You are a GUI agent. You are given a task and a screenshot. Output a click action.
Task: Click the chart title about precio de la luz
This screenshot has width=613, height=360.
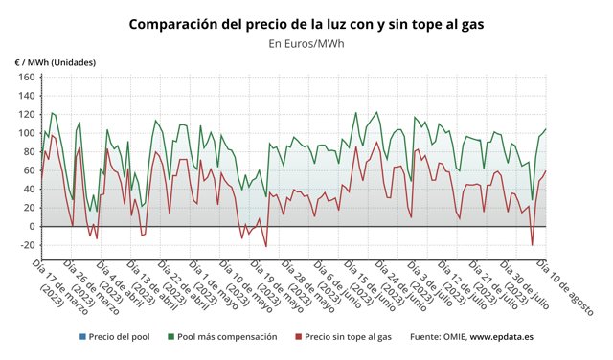point(306,22)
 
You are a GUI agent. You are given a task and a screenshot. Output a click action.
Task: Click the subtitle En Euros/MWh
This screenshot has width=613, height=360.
point(306,43)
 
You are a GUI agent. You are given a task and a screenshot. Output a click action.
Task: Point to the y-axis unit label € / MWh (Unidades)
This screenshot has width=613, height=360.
point(55,62)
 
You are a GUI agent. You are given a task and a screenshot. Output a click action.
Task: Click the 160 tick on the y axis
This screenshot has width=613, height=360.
point(26,77)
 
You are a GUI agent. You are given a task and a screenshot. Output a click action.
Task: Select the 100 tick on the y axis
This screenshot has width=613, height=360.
point(26,133)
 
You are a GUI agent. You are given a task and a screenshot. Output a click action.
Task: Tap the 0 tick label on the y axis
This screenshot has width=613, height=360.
point(32,227)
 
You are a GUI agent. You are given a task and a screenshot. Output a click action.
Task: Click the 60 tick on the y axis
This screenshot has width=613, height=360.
point(29,170)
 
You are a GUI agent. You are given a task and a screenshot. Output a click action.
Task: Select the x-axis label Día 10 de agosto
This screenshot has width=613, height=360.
point(566,283)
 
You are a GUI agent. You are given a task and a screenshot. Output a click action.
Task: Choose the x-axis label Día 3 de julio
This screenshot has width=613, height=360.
point(441,283)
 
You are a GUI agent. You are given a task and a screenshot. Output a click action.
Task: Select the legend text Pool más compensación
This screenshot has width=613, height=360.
point(227,337)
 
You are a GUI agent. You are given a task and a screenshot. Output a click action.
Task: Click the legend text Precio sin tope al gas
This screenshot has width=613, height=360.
point(349,337)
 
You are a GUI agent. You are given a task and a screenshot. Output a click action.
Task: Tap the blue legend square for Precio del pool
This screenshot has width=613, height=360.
point(84,337)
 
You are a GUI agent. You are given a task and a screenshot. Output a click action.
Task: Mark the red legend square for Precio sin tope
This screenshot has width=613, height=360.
point(298,337)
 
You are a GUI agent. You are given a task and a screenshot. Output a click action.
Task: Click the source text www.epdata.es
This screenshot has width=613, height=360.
point(502,337)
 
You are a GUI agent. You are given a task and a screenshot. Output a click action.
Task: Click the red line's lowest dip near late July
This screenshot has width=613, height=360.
point(532,245)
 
